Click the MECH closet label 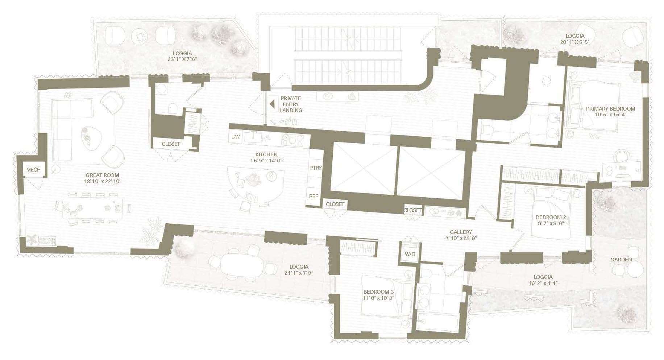[33, 170]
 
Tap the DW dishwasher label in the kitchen [235, 137]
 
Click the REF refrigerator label [314, 196]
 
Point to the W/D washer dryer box [410, 254]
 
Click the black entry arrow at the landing [271, 104]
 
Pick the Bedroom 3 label [378, 292]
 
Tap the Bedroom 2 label [551, 217]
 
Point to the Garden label [621, 259]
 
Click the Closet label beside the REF [335, 204]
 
